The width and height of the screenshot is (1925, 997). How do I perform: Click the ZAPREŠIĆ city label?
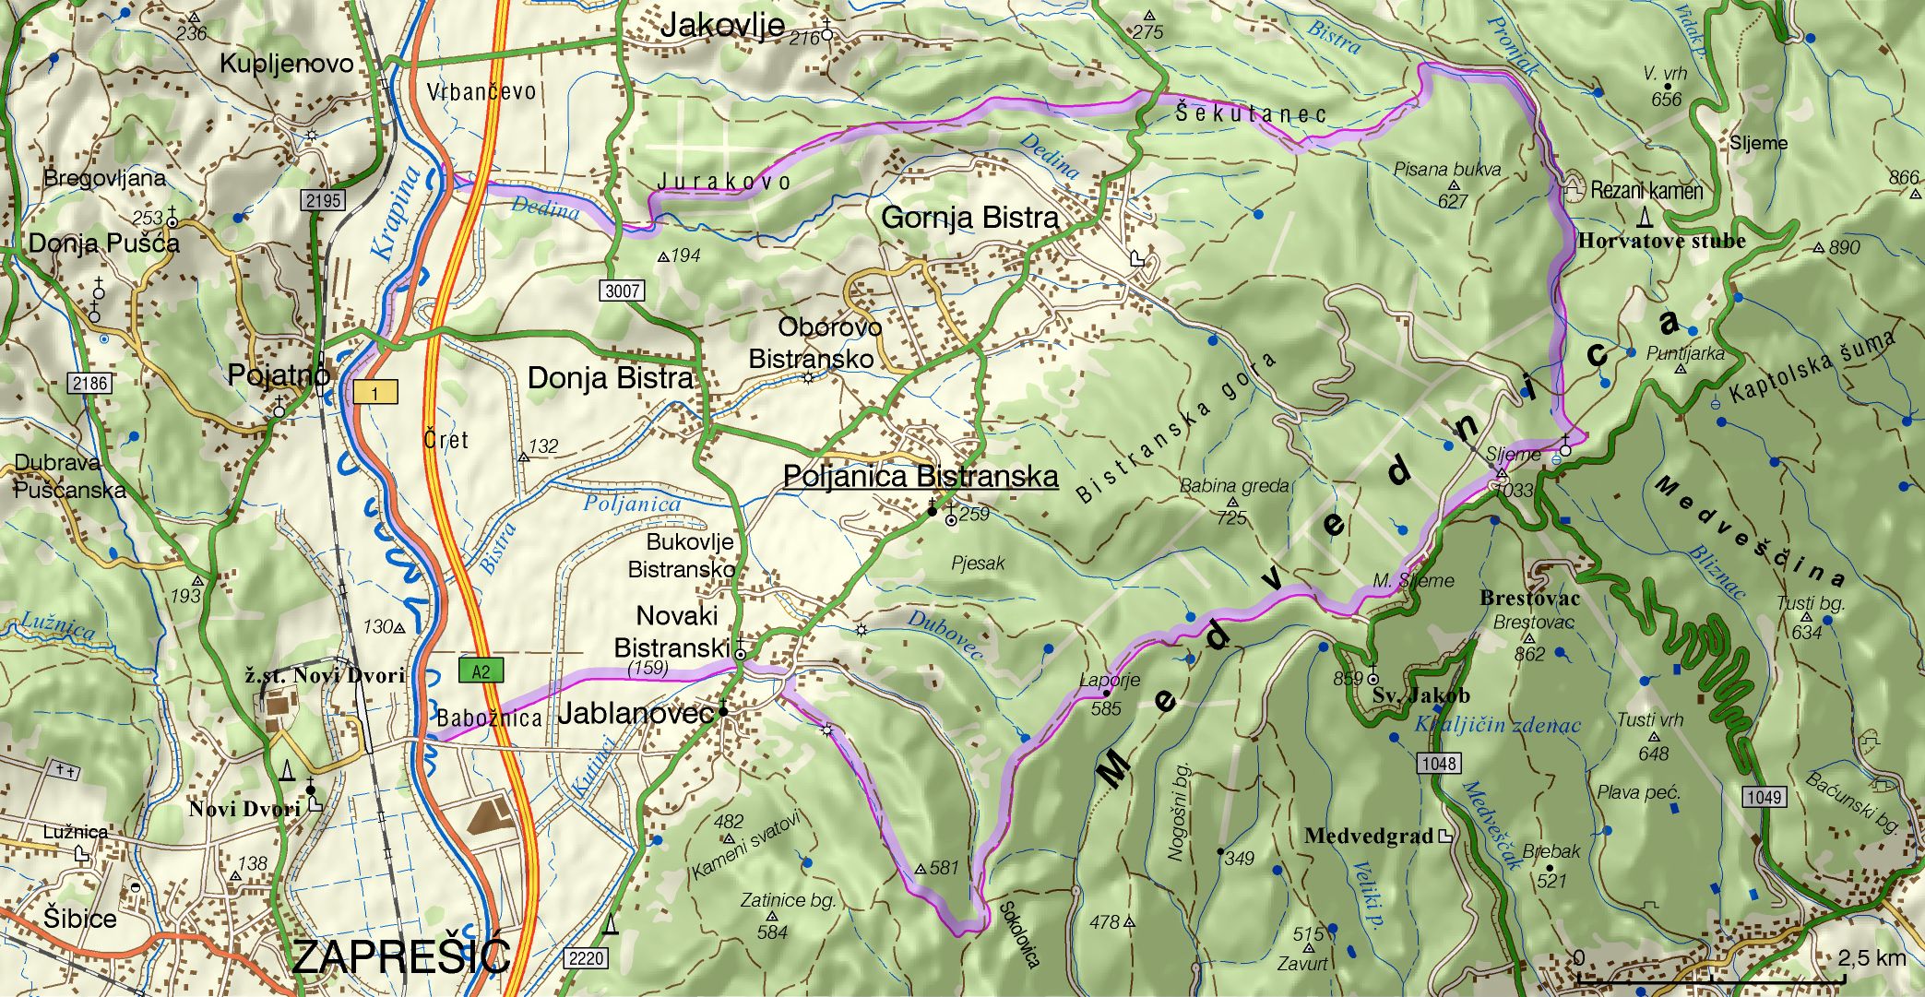[x=401, y=956]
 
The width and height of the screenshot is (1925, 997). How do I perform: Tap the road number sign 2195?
[x=324, y=200]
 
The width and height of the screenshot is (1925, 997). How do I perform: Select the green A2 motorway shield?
[x=481, y=671]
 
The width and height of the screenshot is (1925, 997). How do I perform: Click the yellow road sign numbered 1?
[x=375, y=393]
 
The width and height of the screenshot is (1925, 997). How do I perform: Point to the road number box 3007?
[x=623, y=291]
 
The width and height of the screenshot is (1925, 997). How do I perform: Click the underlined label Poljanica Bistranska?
[x=920, y=477]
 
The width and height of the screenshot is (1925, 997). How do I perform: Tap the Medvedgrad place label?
[x=1369, y=837]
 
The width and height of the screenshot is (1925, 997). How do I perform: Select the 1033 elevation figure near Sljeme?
[x=1514, y=490]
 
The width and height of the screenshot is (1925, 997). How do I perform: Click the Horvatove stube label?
[x=1661, y=242]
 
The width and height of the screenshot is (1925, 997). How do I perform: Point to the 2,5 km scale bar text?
[x=1871, y=957]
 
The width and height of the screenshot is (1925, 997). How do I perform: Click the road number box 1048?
[x=1439, y=763]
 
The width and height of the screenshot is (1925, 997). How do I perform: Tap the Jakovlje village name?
[x=722, y=26]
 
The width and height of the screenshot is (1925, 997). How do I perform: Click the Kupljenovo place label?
[x=286, y=64]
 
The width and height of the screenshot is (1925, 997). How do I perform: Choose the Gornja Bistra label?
[x=970, y=219]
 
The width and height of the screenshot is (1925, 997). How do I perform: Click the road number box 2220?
[x=586, y=957]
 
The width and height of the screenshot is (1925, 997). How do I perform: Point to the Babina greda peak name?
[x=1234, y=486]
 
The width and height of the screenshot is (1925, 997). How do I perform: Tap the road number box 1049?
[x=1764, y=796]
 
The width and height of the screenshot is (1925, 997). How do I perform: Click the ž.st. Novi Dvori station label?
[x=325, y=675]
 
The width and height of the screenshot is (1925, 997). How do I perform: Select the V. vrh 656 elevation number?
[x=1666, y=99]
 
